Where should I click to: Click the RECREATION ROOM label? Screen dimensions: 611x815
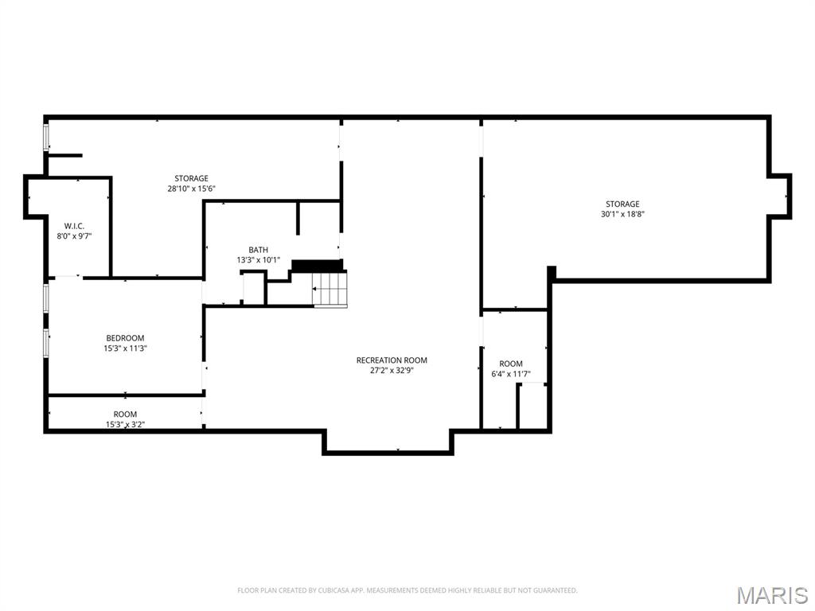click(392, 360)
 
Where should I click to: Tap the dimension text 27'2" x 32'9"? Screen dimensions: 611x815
click(392, 370)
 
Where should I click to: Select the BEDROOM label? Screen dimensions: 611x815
click(125, 338)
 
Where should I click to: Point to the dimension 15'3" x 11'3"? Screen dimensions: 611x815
click(125, 348)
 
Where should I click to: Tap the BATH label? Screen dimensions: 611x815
click(258, 250)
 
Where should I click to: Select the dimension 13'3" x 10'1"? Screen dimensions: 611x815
click(258, 259)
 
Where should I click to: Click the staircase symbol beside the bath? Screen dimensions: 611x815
click(330, 289)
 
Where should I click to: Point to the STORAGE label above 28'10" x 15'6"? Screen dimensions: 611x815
click(191, 178)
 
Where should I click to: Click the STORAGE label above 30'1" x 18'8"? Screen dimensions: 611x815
click(622, 204)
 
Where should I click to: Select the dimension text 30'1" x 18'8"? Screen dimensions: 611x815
click(622, 214)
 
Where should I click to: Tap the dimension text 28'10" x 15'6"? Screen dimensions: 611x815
click(191, 189)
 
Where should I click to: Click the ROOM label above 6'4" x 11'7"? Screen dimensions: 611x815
click(511, 364)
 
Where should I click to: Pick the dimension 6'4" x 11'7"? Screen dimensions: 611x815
click(511, 373)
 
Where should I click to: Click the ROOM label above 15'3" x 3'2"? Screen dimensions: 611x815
click(125, 414)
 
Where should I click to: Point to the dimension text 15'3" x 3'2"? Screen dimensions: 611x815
click(125, 424)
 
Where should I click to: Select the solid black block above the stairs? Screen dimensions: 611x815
click(316, 265)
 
